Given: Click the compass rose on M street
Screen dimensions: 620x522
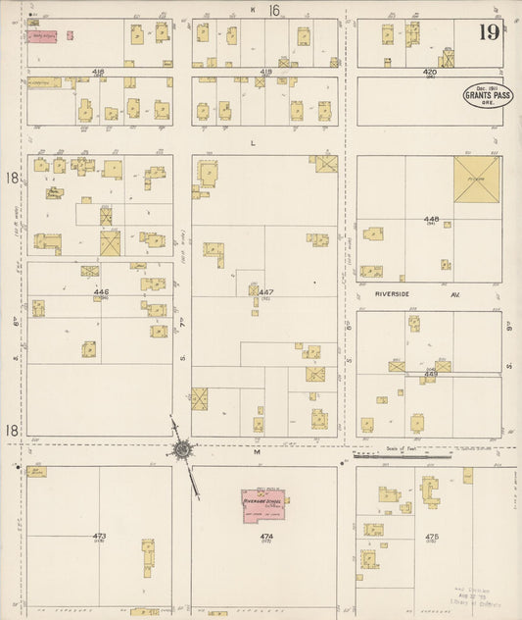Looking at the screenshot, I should pos(182,450).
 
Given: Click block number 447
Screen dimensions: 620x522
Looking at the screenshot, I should pos(265,291).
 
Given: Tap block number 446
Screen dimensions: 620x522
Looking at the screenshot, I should pos(100,291).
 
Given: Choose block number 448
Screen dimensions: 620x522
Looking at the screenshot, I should pos(431,219).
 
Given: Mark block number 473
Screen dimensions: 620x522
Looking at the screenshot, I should pos(99,537).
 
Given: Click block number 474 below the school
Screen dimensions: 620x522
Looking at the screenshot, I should pos(265,537).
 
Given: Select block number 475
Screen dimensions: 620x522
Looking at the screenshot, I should pos(432,537).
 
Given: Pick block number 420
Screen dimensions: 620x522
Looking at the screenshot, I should pos(430,72).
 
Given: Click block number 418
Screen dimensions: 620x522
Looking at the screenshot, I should pos(98,72).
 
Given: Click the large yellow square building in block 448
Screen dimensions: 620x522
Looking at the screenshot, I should pos(476,181).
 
